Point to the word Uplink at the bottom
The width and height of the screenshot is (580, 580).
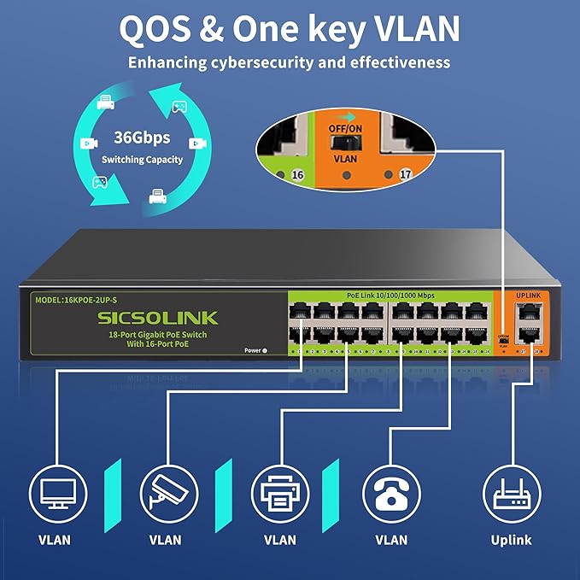tap(511, 539)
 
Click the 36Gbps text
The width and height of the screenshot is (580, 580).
tap(142, 138)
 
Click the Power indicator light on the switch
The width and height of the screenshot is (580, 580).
tap(265, 350)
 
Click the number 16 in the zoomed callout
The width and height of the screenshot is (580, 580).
tap(297, 174)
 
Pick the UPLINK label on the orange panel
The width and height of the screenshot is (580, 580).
tap(530, 295)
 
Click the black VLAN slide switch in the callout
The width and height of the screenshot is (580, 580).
tap(346, 142)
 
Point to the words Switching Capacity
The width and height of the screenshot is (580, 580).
tap(142, 160)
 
